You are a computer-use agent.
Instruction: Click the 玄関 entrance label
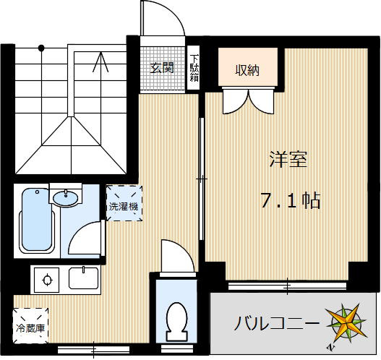click(162, 69)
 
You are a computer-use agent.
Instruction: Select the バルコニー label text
click(275, 322)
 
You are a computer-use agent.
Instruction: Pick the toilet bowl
click(177, 318)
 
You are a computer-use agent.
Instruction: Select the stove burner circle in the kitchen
click(48, 280)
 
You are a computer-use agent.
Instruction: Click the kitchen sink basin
click(83, 279)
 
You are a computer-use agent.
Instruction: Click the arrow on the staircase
click(98, 63)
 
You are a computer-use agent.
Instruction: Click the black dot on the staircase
click(42, 48)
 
